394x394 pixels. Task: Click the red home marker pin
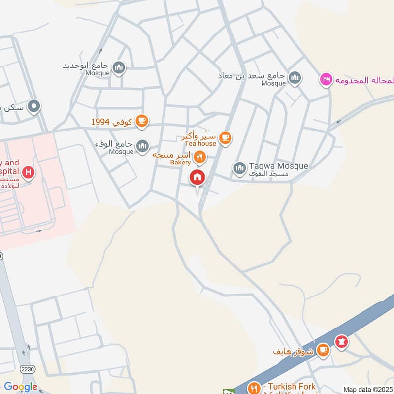coord(197,178)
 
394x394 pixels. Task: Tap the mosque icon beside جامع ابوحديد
coord(118,67)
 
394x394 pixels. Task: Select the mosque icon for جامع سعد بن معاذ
coord(295,77)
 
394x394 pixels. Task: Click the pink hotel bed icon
coord(326,80)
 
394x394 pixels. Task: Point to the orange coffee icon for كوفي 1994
coord(142,121)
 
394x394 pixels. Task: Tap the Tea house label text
coord(200,143)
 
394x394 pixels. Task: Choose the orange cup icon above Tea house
coord(226,138)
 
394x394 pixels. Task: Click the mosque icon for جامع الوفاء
coord(142,146)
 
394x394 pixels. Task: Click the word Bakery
coord(180,162)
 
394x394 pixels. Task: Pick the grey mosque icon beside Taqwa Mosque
coord(240,169)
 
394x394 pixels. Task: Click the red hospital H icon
coord(29,173)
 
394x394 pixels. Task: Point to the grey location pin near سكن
coord(34,106)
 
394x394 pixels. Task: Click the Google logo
coord(21,387)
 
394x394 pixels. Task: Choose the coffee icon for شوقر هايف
coord(323,350)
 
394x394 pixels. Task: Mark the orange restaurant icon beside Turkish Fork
coord(254,388)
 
